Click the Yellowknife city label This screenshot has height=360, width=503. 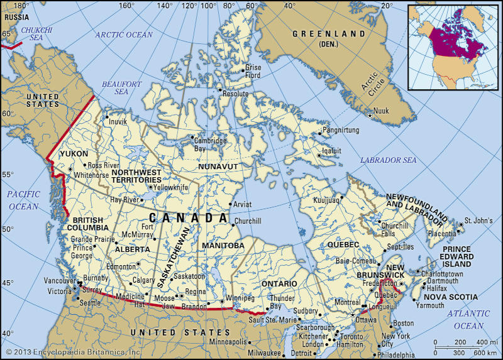click(172, 187)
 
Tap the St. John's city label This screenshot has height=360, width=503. click(477, 222)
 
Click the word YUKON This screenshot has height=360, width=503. click(74, 153)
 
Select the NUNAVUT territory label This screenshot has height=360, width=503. click(218, 166)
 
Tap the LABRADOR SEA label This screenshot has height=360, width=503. click(388, 161)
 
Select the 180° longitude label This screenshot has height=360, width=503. click(22, 6)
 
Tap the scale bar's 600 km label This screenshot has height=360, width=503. click(482, 351)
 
